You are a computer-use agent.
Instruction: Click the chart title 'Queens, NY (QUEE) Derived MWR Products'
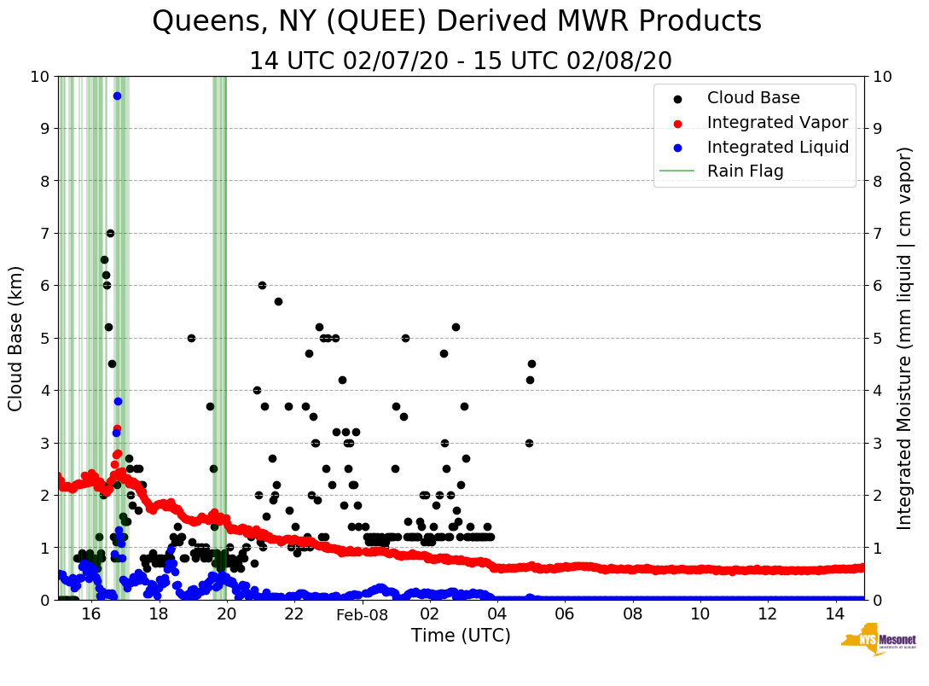456,22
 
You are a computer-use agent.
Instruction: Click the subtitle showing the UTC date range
461,61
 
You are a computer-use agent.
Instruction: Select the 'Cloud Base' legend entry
753,98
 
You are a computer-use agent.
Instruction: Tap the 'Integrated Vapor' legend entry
777,123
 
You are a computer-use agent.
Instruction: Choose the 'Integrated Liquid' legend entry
777,147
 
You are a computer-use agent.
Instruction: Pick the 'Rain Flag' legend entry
745,171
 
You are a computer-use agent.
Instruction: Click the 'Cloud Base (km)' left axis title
16,338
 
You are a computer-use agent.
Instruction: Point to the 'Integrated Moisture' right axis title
904,338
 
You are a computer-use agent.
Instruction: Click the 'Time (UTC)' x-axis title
461,636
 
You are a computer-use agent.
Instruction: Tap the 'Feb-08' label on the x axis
362,615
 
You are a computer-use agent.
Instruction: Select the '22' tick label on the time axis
294,614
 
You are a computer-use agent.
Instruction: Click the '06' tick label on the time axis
565,614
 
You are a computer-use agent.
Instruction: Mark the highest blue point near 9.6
117,96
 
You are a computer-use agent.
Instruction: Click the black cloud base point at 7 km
110,233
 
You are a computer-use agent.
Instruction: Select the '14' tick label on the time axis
835,614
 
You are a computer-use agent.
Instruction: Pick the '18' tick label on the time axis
159,614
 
